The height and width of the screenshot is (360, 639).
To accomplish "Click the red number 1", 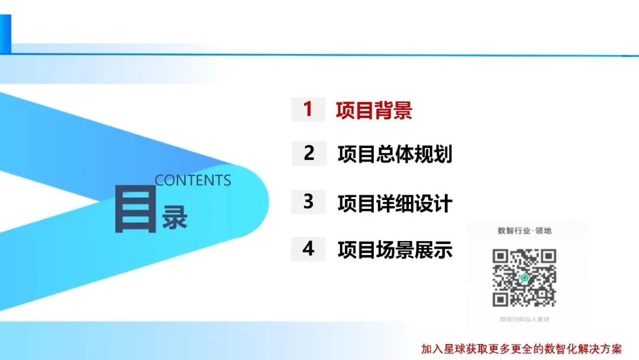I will [308, 110].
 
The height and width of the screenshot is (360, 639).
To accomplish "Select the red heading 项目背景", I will [374, 111].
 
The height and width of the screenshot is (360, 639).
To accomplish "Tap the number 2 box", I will [309, 153].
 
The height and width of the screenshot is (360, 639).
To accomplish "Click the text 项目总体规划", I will [395, 155].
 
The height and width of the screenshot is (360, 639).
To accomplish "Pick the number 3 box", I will [309, 202].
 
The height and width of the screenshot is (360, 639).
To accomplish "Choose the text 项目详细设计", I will [395, 203].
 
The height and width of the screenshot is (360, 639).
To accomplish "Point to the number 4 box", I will [309, 249].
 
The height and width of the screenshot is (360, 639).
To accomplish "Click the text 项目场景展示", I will [395, 250].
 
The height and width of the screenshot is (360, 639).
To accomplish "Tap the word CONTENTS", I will [193, 181].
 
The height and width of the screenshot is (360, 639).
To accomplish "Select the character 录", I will [175, 217].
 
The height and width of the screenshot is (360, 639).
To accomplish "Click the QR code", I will [524, 278].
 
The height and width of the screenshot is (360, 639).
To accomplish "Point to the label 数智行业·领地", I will [525, 231].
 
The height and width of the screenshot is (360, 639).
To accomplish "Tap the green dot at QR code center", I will [524, 278].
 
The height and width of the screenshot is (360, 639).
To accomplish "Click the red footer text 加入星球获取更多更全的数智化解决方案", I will [521, 349].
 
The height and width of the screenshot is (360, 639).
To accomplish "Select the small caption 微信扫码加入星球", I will [524, 320].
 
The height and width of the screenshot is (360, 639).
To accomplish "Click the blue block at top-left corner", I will [5, 34].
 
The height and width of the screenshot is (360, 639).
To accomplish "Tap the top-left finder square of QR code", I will [501, 256].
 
